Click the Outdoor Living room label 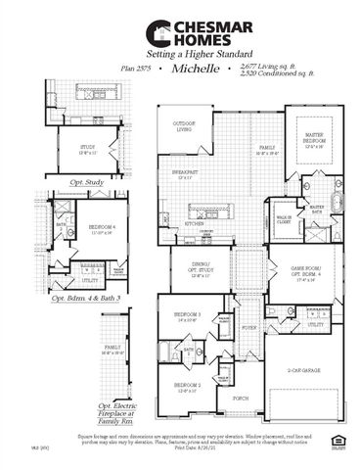point(184,126)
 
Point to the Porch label point(240,398)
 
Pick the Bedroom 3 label point(188,315)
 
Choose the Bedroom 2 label point(188,387)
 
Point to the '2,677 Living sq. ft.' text point(263,64)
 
